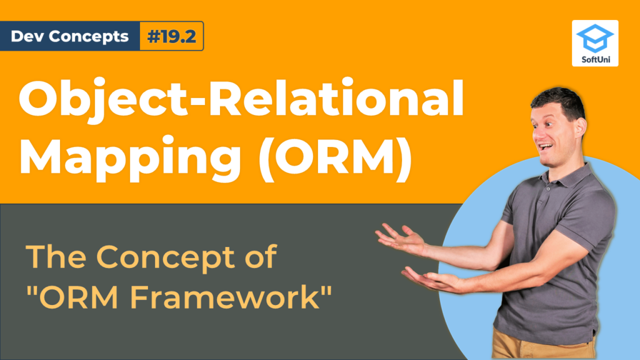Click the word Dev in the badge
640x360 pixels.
click(24, 36)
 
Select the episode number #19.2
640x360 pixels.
click(171, 36)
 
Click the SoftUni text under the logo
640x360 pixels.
click(596, 59)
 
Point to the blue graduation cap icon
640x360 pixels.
click(595, 38)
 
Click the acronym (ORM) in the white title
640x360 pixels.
click(336, 157)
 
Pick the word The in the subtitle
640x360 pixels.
click(56, 257)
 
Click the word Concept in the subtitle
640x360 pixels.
click(165, 258)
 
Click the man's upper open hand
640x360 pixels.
click(399, 238)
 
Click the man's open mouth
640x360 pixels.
click(545, 147)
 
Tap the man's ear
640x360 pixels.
click(581, 127)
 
